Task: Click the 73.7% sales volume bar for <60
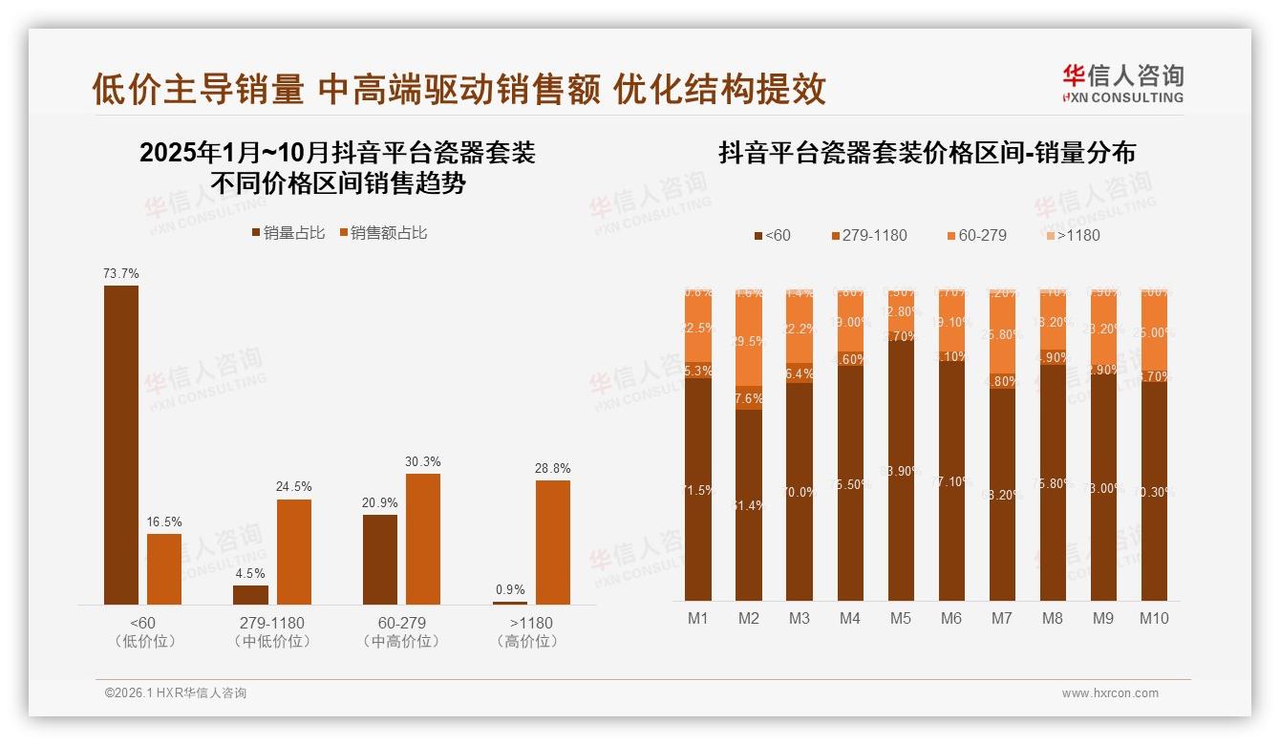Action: tap(121, 444)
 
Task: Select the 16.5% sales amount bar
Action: tap(164, 568)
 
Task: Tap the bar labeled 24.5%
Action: tap(294, 551)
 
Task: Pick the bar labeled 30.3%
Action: tap(423, 539)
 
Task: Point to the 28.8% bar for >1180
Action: tap(553, 542)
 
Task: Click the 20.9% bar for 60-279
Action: tap(380, 559)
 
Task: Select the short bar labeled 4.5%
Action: tap(251, 594)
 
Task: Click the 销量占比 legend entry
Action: tap(288, 233)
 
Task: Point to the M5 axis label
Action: tap(900, 618)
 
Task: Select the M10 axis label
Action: tap(1154, 618)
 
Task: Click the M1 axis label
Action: tap(698, 618)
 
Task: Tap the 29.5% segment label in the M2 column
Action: tap(749, 342)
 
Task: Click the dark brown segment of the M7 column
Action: tap(1002, 494)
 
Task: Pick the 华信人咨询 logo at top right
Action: tap(1122, 83)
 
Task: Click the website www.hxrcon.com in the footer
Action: tap(1110, 693)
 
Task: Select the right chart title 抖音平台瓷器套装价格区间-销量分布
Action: tap(927, 153)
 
